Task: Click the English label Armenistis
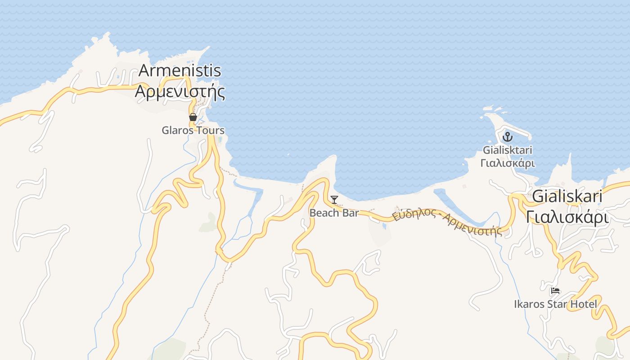[180, 71]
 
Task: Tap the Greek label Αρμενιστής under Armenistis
[180, 91]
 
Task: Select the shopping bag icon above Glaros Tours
[193, 117]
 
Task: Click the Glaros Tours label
[193, 130]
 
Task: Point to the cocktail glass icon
[334, 200]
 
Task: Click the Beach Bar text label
[334, 213]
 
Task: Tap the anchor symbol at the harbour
[508, 136]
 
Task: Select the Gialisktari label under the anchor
[508, 150]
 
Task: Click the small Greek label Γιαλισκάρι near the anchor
[508, 163]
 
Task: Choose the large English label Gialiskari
[567, 197]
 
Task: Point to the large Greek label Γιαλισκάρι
[567, 217]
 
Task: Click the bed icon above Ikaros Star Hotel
[555, 291]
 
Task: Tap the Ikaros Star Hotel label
[555, 304]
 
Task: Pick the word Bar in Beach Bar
[351, 213]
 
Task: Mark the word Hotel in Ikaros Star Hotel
[584, 304]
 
